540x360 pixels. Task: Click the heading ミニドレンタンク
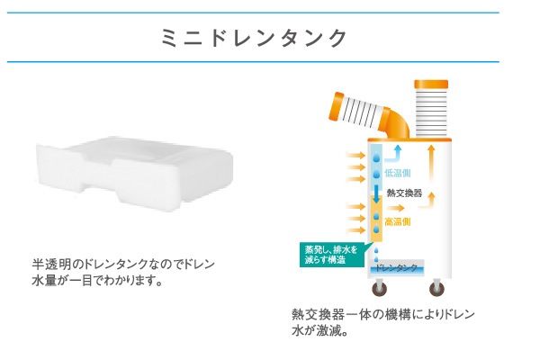tap(254, 38)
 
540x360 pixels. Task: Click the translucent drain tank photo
tap(134, 174)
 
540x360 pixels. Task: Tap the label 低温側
tap(398, 173)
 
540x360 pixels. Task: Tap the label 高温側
tap(398, 221)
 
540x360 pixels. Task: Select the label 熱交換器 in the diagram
tap(404, 193)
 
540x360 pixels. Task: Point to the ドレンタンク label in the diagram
tap(396, 267)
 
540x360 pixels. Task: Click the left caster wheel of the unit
tap(380, 288)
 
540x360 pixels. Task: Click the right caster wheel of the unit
tap(436, 288)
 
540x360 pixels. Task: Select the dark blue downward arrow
tap(376, 194)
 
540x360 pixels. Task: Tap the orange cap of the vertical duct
tap(431, 84)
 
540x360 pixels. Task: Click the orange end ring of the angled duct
tap(336, 106)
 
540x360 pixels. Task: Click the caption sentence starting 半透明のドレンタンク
tap(123, 273)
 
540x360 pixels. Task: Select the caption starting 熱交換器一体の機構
tap(383, 322)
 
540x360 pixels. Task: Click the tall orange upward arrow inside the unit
tap(431, 163)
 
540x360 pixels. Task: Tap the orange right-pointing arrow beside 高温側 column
tap(395, 208)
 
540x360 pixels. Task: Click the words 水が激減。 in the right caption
tap(319, 330)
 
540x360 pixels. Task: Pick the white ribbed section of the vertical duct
tap(431, 112)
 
